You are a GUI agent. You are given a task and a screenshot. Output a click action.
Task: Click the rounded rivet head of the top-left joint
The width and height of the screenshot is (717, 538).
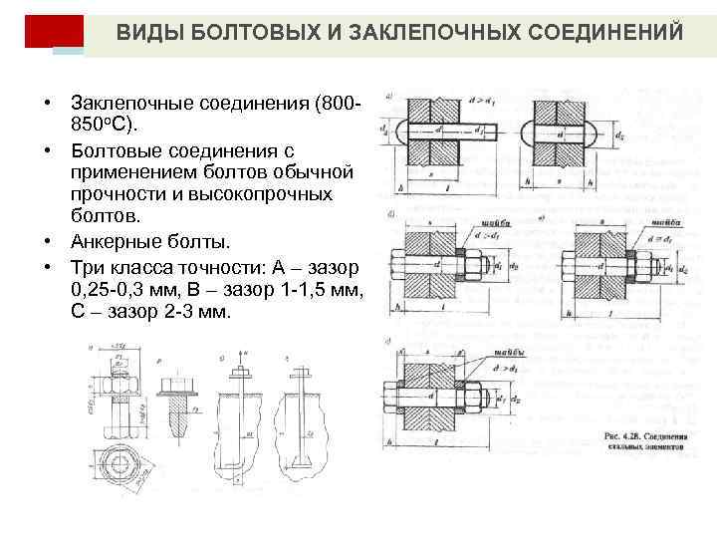pyautogui.click(x=393, y=130)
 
